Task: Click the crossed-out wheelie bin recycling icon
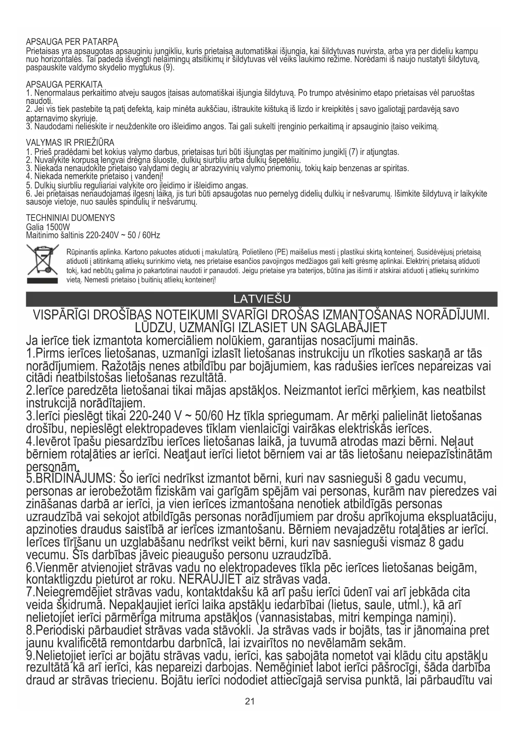[x=42, y=264]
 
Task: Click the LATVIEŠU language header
[x=262, y=299]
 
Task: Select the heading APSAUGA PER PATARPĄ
[x=72, y=43]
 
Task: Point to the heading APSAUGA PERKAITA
[x=64, y=85]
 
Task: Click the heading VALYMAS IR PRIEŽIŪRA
[x=70, y=143]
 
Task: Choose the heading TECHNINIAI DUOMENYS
[x=70, y=218]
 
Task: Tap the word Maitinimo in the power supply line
[x=41, y=235]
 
